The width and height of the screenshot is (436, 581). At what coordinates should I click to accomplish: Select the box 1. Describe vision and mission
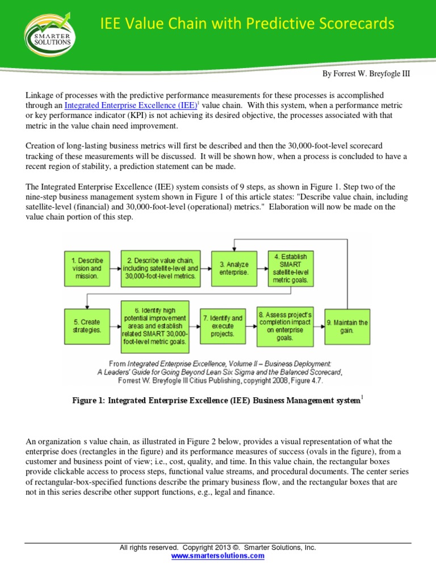tap(86, 268)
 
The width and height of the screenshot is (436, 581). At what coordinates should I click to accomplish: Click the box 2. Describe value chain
tap(161, 268)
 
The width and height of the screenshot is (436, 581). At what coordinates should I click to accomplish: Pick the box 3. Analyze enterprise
tap(233, 268)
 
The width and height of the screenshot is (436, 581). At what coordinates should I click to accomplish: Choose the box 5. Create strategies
tap(86, 326)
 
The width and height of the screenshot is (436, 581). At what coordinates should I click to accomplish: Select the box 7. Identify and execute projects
tap(222, 326)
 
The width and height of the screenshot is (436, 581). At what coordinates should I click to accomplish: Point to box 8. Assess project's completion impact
tap(285, 326)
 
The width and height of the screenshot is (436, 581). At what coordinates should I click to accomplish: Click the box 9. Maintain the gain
tap(347, 326)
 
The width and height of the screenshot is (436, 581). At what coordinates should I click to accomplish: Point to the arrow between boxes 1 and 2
tap(116, 268)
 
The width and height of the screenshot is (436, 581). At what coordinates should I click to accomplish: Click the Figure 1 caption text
tap(216, 401)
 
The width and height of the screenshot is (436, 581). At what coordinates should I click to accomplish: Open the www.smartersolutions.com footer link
tap(217, 556)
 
